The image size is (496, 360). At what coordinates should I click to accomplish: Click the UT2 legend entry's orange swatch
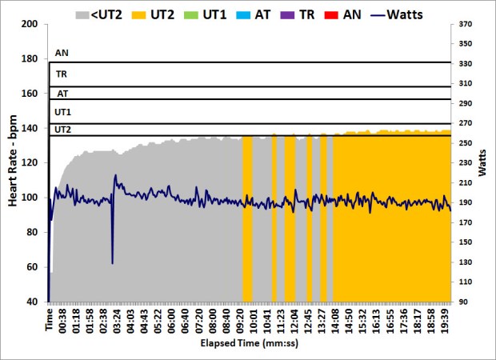point(141,14)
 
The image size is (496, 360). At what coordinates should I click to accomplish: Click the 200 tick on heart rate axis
point(30,24)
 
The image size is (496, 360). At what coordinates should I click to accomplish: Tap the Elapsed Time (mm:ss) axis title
point(250,344)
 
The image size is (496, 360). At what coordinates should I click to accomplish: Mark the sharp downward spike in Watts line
point(112,262)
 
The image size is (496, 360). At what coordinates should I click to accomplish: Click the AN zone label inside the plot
point(62,54)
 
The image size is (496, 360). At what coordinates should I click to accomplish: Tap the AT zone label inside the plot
point(62,93)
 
